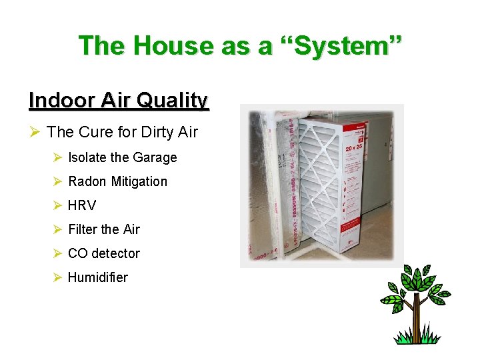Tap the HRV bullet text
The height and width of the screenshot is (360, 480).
(82, 205)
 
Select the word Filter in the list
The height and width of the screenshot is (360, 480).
(83, 229)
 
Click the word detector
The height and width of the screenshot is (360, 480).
(115, 253)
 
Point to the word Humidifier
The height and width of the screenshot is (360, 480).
(97, 277)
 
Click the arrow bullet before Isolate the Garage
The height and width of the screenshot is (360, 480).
(57, 158)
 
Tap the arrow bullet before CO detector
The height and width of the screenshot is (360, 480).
(57, 253)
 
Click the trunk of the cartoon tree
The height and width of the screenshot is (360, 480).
(417, 321)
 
